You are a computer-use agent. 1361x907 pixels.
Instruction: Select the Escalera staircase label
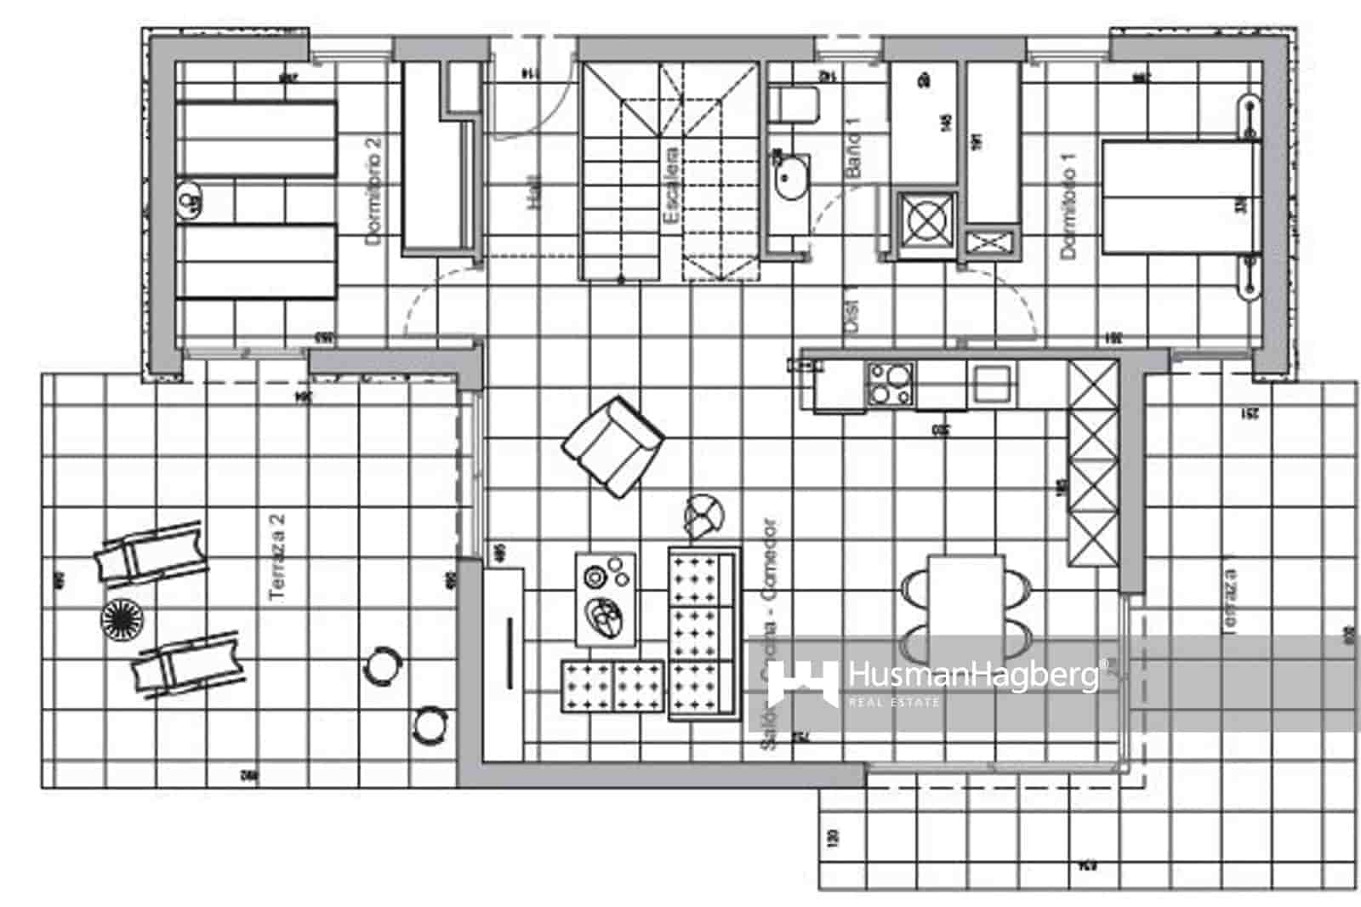click(671, 187)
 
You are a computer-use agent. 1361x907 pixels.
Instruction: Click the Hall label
click(534, 192)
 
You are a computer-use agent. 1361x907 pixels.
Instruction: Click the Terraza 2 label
click(278, 557)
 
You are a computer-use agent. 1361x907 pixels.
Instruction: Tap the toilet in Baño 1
click(793, 106)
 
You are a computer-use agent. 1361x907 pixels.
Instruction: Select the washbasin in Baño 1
click(791, 177)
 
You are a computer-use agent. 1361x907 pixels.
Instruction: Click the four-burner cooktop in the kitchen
click(890, 383)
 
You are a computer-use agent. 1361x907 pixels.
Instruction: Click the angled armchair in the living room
click(614, 445)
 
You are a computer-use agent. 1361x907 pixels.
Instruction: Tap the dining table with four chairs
click(966, 606)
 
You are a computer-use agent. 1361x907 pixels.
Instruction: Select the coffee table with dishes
click(606, 598)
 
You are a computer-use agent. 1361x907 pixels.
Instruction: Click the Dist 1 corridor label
click(853, 313)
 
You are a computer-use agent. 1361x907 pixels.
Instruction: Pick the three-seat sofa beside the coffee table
click(702, 634)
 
